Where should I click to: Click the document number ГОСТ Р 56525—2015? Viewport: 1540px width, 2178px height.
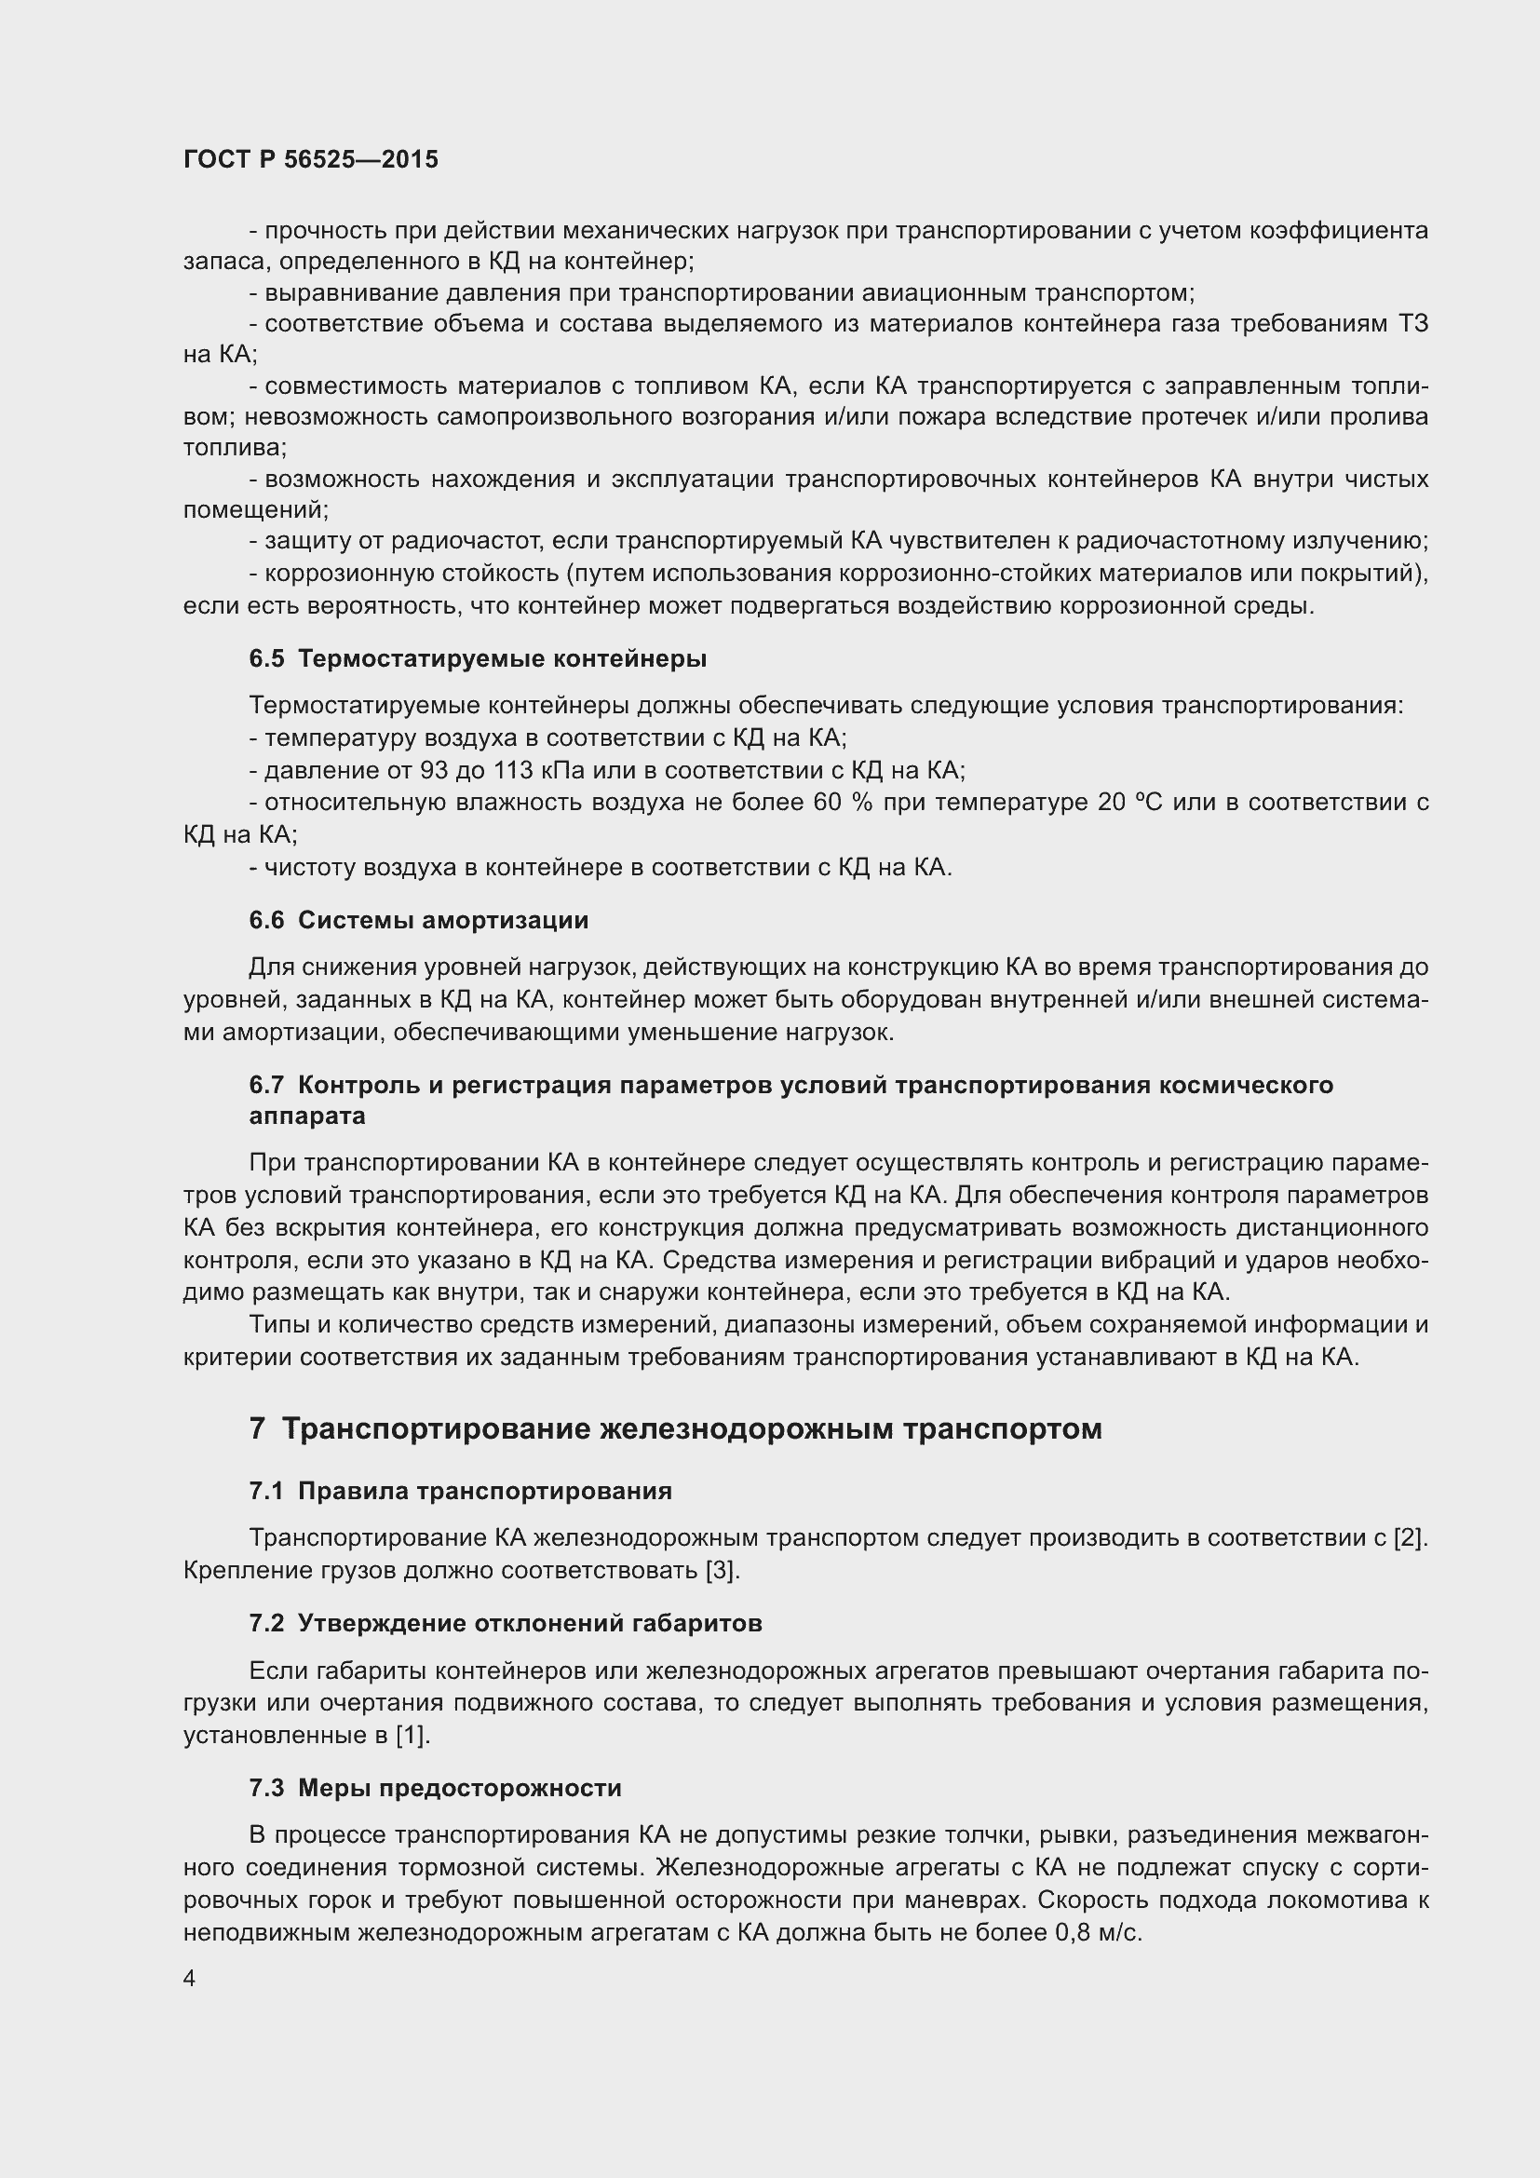(310, 159)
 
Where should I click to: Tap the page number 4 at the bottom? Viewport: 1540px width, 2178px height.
(190, 1978)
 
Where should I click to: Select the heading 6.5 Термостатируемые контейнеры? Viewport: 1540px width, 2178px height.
(478, 659)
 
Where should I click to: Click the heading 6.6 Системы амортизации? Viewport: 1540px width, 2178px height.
(418, 920)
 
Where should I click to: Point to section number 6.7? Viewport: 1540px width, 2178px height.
(265, 1084)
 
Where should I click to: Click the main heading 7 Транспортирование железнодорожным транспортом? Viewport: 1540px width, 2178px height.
(675, 1428)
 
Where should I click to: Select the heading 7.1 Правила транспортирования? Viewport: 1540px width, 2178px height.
(460, 1491)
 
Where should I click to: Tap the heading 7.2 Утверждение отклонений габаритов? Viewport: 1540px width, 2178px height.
(506, 1623)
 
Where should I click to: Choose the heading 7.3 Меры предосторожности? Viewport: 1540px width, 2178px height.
(435, 1788)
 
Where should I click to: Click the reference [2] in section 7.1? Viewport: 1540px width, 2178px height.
(1410, 1537)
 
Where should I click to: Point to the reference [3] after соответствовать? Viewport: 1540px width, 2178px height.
(721, 1570)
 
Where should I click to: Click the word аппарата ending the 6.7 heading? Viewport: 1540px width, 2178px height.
(307, 1116)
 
